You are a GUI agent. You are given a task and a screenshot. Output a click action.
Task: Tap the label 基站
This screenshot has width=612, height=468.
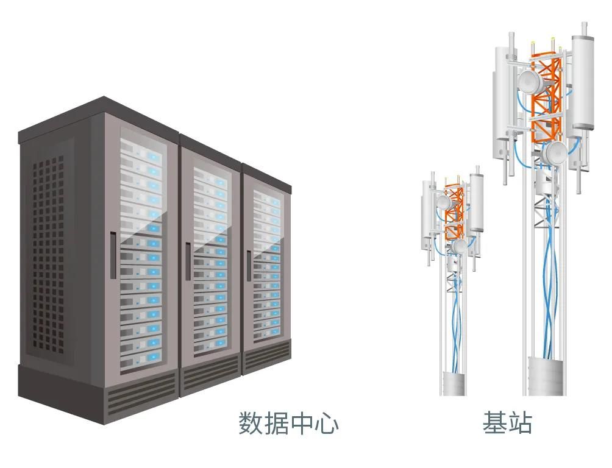point(507,423)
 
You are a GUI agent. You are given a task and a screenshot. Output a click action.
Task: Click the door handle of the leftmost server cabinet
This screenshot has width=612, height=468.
point(113,255)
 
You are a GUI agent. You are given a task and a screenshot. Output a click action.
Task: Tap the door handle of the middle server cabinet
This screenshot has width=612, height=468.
point(188,261)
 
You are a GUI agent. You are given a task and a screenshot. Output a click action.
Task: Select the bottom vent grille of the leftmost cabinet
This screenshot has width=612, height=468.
point(141,393)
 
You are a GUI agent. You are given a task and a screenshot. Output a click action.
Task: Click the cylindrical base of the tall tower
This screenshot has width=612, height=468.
point(546,375)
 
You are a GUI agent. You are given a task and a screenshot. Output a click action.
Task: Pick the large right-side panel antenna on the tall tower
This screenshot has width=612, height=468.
point(583,82)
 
